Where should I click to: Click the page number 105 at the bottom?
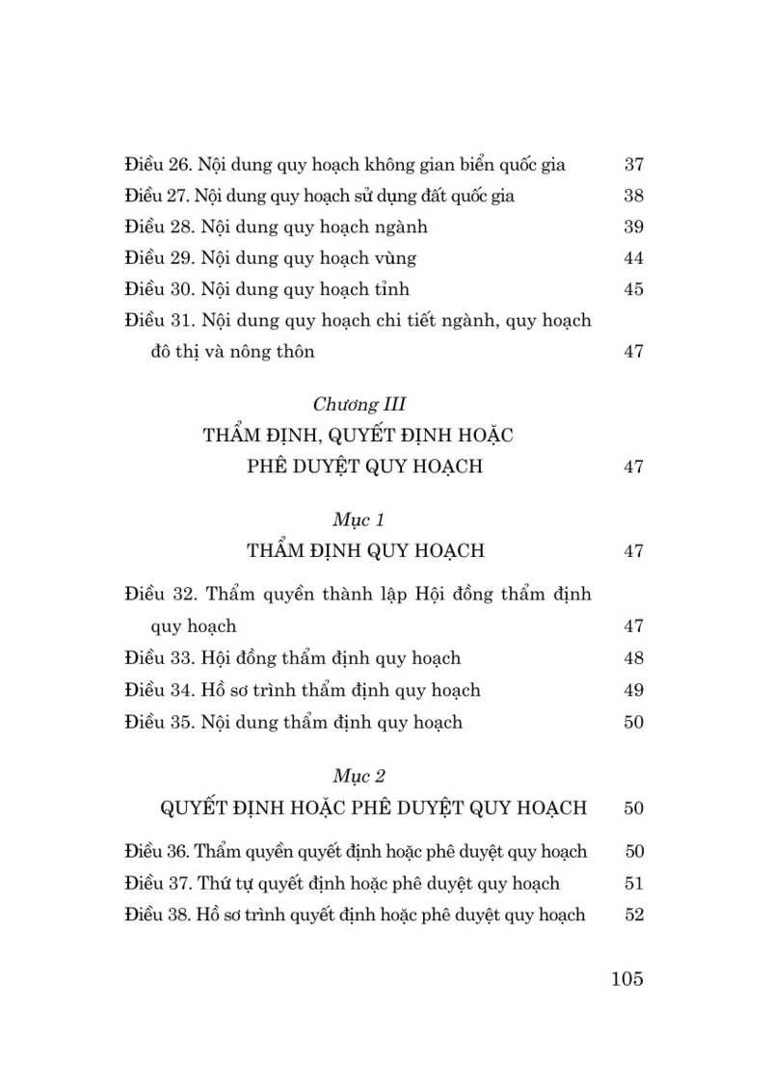tap(626, 979)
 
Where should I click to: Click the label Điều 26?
tap(158, 164)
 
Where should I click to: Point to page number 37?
tap(633, 164)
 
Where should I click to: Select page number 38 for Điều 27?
tap(633, 196)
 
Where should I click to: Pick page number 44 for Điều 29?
tap(633, 258)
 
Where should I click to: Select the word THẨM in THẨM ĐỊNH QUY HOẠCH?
tap(277, 551)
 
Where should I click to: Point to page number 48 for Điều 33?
tap(633, 658)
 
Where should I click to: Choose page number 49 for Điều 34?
tap(633, 690)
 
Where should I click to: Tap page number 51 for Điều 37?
tap(633, 883)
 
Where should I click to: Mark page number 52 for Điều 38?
tap(633, 915)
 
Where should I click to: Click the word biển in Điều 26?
tap(462, 164)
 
